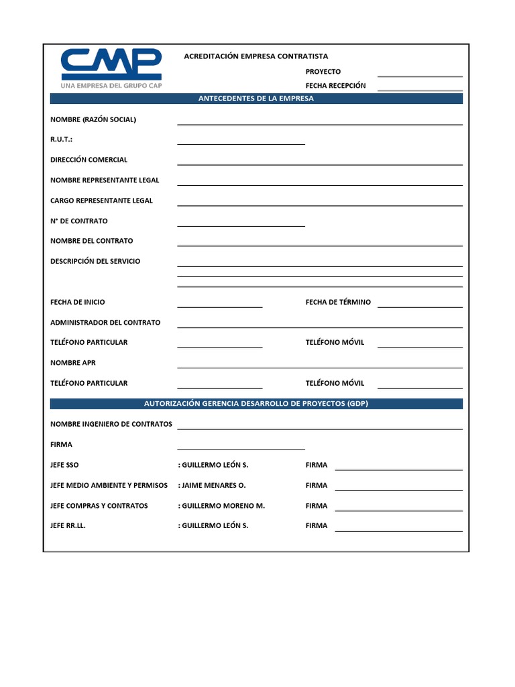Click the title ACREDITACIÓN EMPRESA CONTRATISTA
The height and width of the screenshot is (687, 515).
(x=256, y=56)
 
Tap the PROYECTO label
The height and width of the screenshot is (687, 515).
(x=323, y=72)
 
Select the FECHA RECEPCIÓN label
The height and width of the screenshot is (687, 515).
(x=336, y=86)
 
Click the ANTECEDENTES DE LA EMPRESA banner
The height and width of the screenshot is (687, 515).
(x=256, y=99)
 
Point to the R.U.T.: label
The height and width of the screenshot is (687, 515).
(x=61, y=140)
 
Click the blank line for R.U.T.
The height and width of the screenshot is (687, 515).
(x=241, y=143)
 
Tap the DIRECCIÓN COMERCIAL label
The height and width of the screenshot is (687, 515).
(x=89, y=160)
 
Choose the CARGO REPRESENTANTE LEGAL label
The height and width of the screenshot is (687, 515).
(x=101, y=201)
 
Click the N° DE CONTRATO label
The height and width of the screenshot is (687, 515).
(x=79, y=221)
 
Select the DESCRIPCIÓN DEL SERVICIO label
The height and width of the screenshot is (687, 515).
(x=95, y=261)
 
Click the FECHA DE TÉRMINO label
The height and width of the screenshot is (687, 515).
(x=338, y=302)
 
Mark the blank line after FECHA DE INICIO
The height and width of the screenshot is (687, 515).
(x=219, y=306)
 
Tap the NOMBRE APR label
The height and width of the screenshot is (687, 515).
(x=73, y=362)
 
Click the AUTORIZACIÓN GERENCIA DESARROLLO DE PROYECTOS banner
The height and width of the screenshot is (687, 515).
(x=256, y=404)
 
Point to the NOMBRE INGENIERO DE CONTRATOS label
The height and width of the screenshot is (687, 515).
(x=111, y=424)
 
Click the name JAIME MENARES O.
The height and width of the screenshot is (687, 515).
(x=214, y=485)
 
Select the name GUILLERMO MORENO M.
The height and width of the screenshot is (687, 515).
(x=223, y=506)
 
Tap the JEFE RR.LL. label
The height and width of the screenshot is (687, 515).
(x=68, y=526)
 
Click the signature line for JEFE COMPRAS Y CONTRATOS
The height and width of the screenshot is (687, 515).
(x=398, y=510)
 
